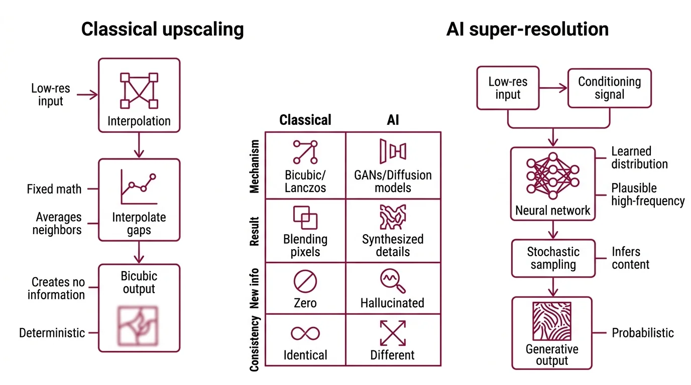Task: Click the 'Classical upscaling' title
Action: pos(162,29)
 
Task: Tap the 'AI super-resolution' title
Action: pos(527,29)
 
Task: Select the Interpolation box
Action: pos(139,95)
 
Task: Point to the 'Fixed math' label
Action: pos(54,189)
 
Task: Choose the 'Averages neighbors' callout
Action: pos(57,224)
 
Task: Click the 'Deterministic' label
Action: pos(52,333)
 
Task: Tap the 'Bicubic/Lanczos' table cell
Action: pos(305,165)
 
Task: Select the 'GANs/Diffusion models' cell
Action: pos(393,165)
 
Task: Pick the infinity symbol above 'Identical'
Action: pos(305,333)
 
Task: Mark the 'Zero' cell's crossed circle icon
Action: pos(305,281)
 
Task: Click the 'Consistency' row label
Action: pos(255,343)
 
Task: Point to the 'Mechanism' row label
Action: pos(255,166)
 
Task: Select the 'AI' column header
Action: pos(393,120)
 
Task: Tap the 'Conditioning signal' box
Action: pos(609,88)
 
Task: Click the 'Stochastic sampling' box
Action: pos(552,258)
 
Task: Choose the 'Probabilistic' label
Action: pos(643,333)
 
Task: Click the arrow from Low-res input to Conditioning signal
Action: pos(553,88)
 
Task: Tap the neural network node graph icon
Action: pos(552,175)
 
